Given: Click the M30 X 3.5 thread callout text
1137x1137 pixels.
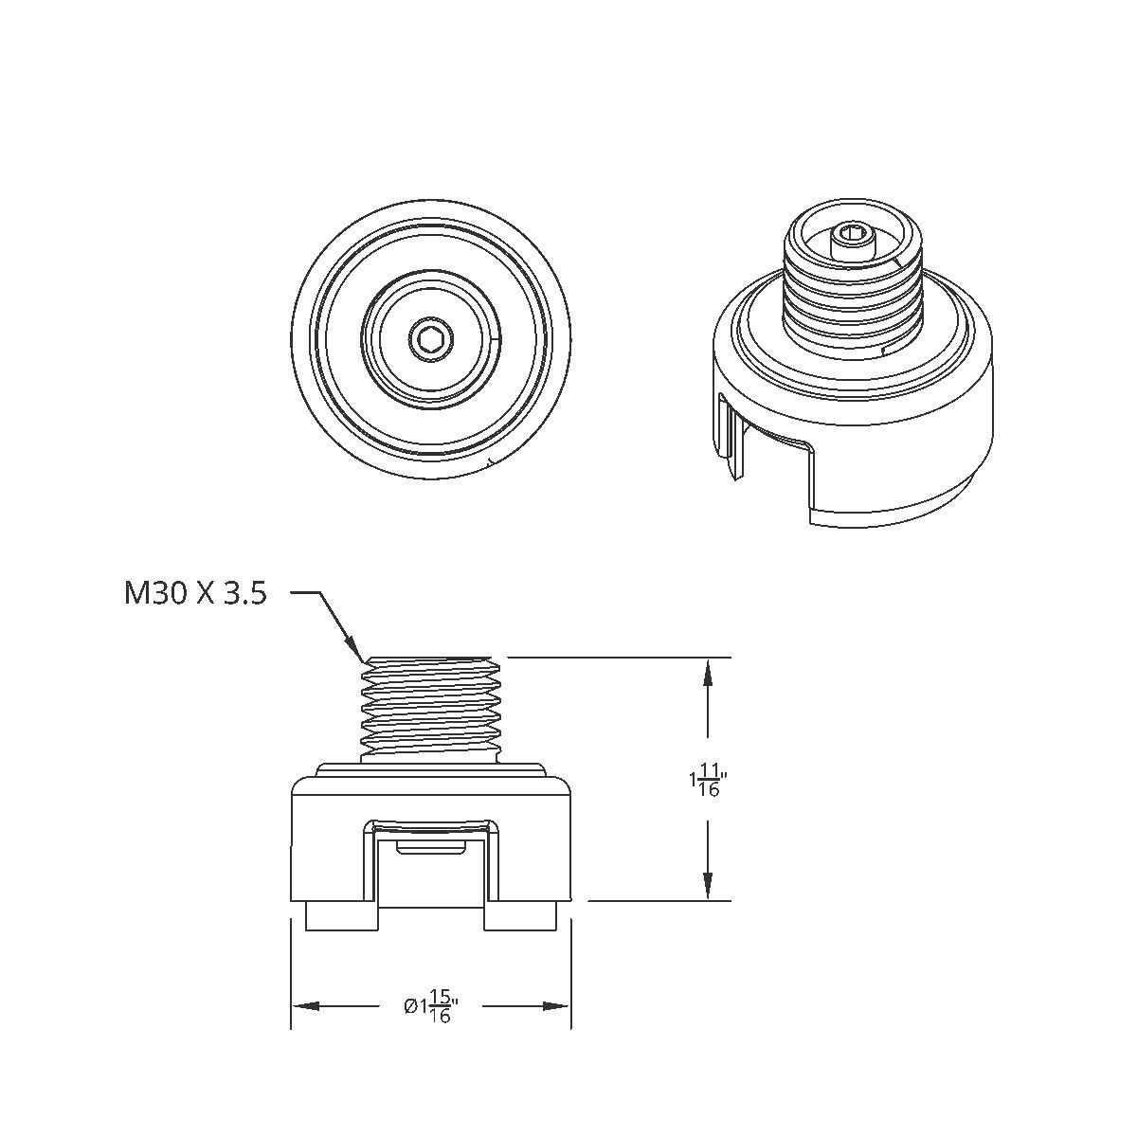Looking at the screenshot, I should pos(195,594).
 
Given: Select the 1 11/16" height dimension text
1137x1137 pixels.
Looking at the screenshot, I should pos(706,783).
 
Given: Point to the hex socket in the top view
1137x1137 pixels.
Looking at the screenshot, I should pos(431,338).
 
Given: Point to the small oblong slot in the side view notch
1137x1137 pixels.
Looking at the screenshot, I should pos(431,846).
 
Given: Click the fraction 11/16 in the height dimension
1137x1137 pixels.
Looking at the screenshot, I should pos(710,783).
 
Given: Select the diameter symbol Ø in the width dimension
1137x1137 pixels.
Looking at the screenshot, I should pos(409,1006).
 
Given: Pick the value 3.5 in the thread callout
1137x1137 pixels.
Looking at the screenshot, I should pos(244,594).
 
